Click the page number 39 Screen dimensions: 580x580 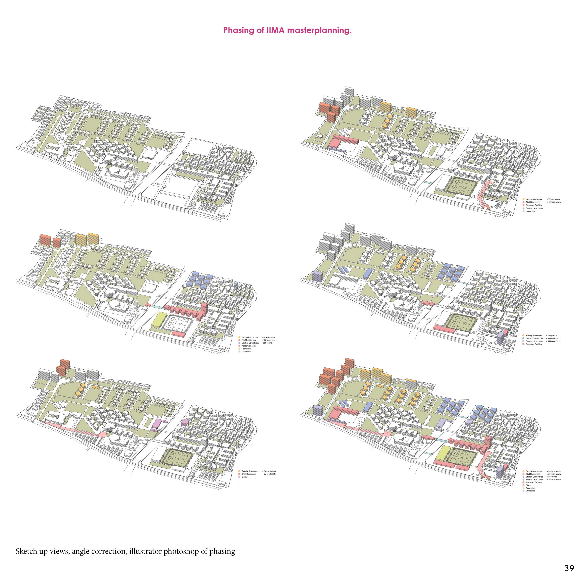point(569,568)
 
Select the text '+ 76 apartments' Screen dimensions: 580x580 point(554,199)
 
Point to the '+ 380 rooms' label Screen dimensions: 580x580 point(267,343)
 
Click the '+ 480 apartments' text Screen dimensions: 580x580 point(553,338)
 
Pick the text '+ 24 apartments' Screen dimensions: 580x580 point(269,471)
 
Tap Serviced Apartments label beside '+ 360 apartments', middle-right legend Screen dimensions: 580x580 point(534,341)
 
